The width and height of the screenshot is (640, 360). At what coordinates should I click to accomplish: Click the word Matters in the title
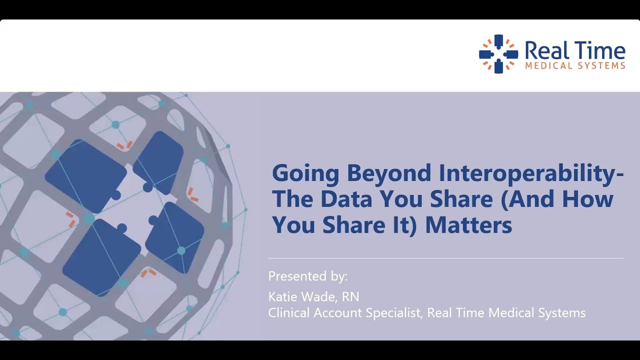[468, 225]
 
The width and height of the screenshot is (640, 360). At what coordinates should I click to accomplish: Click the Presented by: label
[307, 276]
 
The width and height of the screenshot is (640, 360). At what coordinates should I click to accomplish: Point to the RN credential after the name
[350, 297]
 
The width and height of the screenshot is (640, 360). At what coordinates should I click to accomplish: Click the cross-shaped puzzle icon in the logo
[498, 54]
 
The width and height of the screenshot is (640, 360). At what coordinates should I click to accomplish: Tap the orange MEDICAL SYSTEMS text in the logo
[574, 65]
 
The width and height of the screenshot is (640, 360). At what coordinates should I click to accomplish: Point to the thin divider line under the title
[445, 258]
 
